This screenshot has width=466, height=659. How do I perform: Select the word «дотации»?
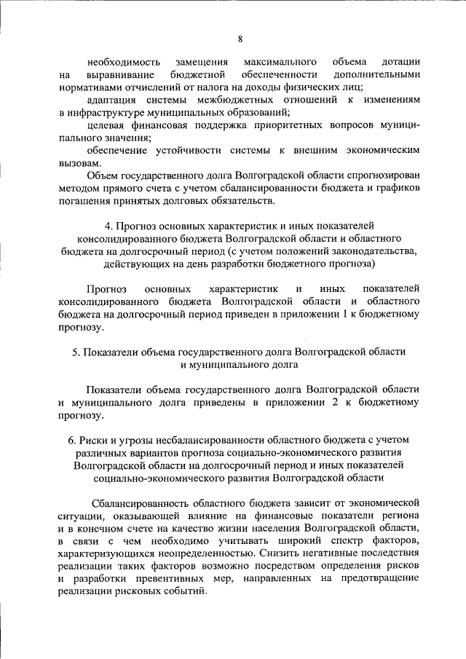tap(399, 63)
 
